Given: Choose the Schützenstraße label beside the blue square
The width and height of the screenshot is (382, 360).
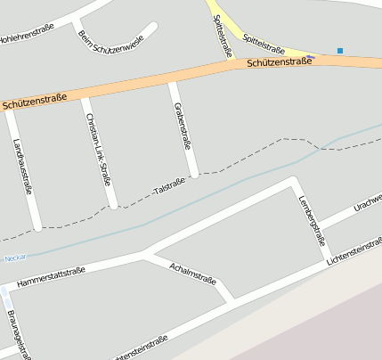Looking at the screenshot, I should point(280,62).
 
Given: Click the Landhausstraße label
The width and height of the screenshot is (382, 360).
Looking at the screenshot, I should point(24,166).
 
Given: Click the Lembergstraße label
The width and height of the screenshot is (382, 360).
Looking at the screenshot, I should point(312,221).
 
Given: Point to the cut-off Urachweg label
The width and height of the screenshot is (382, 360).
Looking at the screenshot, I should point(367,202).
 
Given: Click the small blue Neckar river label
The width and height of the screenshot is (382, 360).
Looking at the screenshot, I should point(15,258).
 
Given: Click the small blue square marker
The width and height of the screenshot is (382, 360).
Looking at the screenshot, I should point(340,50).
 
